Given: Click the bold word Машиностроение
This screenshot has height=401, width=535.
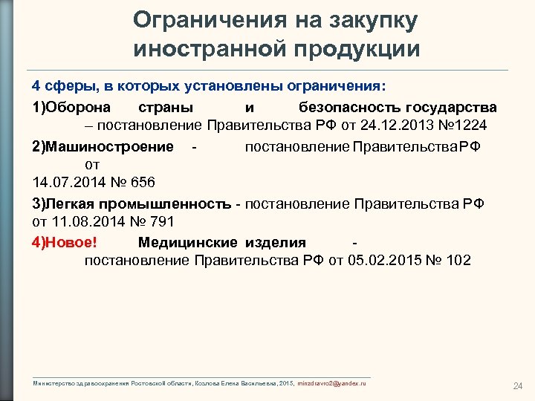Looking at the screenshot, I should [x=109, y=146].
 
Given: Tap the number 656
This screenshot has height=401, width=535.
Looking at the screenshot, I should [x=140, y=182].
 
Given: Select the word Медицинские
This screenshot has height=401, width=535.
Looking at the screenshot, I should [x=187, y=242].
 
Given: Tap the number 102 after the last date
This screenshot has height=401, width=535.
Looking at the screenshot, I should [x=458, y=261].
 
